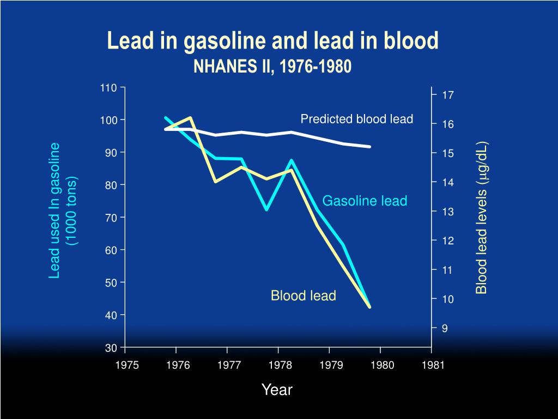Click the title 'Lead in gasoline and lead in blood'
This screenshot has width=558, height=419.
pos(272,41)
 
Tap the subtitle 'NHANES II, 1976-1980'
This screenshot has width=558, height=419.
pos(272,67)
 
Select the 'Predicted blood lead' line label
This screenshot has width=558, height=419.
pos(357,119)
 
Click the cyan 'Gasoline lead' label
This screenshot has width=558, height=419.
pos(365,201)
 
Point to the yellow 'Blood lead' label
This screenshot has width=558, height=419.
pos(304,296)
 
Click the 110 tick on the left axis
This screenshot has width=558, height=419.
pos(108,87)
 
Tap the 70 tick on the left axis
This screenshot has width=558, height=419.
pos(111,217)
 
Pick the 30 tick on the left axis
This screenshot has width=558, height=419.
pos(111,348)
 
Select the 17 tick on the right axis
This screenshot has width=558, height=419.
pos(448,95)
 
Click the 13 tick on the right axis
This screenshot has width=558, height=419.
pos(448,212)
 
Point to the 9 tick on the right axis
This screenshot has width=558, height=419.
pos(445,328)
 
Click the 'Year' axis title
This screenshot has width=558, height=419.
pos(277,390)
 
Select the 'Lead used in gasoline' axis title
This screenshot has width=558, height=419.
pos(54,211)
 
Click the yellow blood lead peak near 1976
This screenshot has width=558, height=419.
pos(190,118)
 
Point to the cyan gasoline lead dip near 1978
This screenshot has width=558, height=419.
pos(266,209)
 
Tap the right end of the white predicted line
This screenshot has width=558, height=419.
pos(370,147)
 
